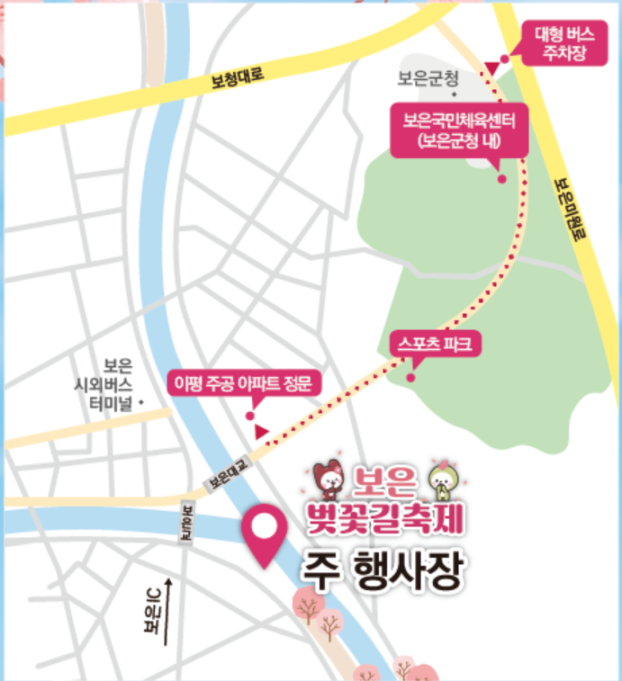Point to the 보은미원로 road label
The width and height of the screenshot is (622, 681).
[569, 207]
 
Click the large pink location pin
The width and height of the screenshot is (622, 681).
[266, 536]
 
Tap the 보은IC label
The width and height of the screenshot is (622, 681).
[152, 614]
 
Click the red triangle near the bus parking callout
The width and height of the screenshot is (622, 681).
[491, 67]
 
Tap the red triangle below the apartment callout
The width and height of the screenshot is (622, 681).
[260, 434]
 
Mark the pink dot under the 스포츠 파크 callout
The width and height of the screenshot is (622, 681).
[410, 377]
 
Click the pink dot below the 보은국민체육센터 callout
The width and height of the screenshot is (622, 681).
[501, 179]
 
